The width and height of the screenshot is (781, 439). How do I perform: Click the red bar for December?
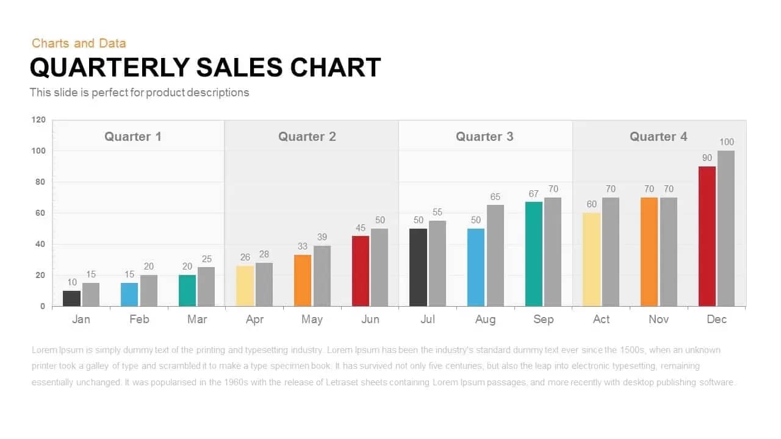[x=707, y=236]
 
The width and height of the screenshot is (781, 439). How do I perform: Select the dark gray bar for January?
[x=71, y=298]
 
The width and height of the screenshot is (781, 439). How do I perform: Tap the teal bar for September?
[x=534, y=254]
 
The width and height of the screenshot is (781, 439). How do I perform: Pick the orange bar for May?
[x=303, y=280]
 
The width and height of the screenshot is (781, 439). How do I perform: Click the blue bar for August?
[x=476, y=267]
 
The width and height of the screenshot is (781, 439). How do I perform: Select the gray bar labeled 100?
[x=726, y=228]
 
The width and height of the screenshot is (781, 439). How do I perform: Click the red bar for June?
[x=361, y=271]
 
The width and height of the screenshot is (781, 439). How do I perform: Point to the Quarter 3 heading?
[x=484, y=137]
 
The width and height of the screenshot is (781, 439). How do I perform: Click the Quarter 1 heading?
[x=133, y=137]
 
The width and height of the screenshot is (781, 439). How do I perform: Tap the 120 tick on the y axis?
[x=38, y=120]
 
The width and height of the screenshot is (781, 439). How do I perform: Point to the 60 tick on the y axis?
[x=40, y=213]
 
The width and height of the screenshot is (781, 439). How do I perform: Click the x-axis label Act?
[x=601, y=319]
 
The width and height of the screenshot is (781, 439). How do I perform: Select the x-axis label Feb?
[x=139, y=319]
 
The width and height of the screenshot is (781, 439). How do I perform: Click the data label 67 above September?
[x=534, y=194]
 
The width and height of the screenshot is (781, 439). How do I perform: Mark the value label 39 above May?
[x=322, y=237]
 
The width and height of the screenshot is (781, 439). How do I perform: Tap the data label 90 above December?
[x=707, y=158]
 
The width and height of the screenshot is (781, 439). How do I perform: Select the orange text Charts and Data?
[x=79, y=43]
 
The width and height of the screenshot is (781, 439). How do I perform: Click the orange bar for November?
[x=649, y=251]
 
